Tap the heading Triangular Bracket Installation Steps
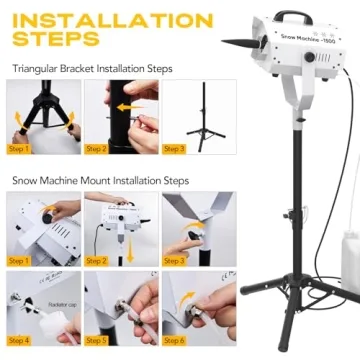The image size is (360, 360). pos(92,69)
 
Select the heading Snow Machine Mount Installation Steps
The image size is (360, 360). pos(100,181)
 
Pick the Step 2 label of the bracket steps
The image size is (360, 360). pos(96,149)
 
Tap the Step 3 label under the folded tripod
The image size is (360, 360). pos(172,149)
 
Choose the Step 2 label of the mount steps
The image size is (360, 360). pos(96,260)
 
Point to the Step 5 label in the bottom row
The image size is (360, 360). pos(96,340)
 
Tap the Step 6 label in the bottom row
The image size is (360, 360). pos(172,340)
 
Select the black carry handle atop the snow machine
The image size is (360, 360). pos(289,17)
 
